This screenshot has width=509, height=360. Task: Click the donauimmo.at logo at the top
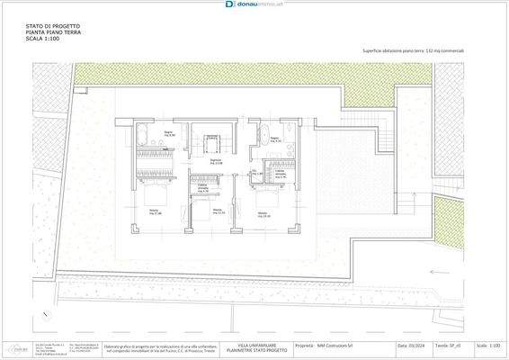[x=254, y=4]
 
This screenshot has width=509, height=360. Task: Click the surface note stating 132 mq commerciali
[x=414, y=52]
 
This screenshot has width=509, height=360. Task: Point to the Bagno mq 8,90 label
[x=168, y=133]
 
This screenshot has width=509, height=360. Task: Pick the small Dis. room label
[x=255, y=170]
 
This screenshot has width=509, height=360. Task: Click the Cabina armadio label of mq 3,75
[x=281, y=175]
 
